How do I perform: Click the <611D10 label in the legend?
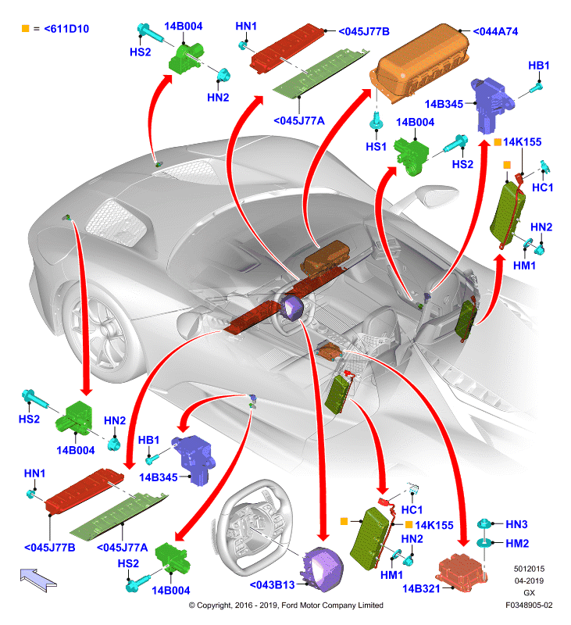pyautogui.click(x=66, y=29)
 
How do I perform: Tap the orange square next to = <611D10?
pyautogui.click(x=26, y=28)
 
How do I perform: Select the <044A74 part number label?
pyautogui.click(x=495, y=31)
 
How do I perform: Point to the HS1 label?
pyautogui.click(x=377, y=147)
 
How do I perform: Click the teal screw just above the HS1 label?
pyautogui.click(x=377, y=120)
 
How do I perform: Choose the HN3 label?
pyautogui.click(x=516, y=524)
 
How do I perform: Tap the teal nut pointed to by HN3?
pyautogui.click(x=484, y=523)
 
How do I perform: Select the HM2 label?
pyautogui.click(x=517, y=543)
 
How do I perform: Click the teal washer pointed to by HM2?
pyautogui.click(x=484, y=543)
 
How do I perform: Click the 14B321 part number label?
pyautogui.click(x=421, y=589)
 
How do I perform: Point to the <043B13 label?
pyautogui.click(x=272, y=584)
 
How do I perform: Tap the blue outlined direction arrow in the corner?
pyautogui.click(x=38, y=580)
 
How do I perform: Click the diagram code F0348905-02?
pyautogui.click(x=529, y=605)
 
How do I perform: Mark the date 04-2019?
pyautogui.click(x=529, y=580)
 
